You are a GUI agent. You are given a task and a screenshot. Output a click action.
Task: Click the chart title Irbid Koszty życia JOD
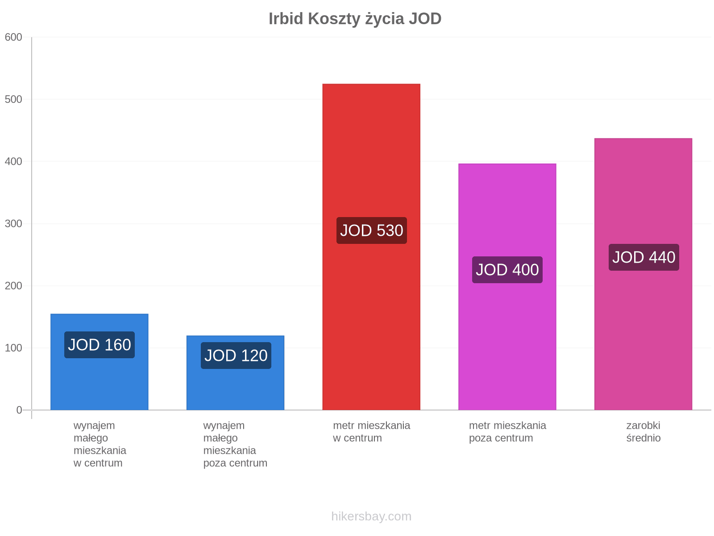tap(355, 19)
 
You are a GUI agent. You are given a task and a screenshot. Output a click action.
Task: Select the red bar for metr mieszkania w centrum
tap(371, 247)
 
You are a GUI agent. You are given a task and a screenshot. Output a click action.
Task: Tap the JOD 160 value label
tap(100, 345)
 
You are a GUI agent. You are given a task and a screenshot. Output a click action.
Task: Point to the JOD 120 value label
tap(236, 356)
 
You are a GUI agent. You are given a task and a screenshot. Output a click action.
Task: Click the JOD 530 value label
tap(371, 231)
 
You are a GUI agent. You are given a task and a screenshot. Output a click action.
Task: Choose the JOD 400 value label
tap(507, 270)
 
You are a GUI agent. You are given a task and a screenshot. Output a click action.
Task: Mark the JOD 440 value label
tap(644, 257)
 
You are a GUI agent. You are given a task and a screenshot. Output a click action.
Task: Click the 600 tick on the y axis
tap(13, 37)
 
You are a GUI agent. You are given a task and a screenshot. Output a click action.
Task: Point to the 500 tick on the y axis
tap(13, 99)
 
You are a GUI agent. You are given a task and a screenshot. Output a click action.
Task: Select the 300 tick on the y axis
tap(13, 224)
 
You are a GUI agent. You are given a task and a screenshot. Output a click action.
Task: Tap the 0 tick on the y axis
tap(19, 410)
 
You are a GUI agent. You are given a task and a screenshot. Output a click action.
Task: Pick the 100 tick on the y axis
tap(13, 348)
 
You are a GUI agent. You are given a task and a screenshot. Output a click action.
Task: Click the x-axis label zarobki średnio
tap(643, 432)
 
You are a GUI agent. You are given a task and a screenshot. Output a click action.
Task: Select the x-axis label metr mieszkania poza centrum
tap(507, 432)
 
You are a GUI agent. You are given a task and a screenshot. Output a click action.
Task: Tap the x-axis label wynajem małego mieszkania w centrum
tap(100, 444)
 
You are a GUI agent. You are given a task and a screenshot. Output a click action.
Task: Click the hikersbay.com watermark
tap(371, 516)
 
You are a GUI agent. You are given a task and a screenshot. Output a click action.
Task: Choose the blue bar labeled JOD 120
tap(236, 373)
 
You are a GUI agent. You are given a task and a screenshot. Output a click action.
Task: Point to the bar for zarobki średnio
tap(643, 274)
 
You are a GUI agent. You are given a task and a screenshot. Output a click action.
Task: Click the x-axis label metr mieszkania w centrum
tap(371, 432)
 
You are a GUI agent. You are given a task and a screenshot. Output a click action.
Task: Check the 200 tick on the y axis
tap(13, 286)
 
